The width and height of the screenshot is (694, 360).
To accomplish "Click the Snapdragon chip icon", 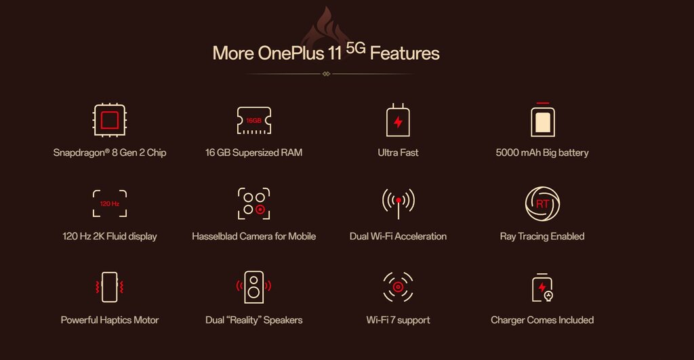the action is [x=110, y=120].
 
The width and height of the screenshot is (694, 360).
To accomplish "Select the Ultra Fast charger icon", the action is [x=398, y=120].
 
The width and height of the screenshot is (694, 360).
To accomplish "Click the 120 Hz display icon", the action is [x=110, y=203].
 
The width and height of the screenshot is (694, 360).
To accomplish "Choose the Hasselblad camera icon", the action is [x=254, y=203].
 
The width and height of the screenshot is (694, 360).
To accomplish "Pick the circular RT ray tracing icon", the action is [x=543, y=203].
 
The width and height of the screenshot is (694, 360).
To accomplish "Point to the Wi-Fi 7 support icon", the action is [x=398, y=287].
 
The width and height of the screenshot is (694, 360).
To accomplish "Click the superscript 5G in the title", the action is [x=355, y=48].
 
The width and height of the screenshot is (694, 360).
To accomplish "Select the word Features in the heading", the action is [x=405, y=53].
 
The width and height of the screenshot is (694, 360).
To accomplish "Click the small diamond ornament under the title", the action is [x=326, y=74].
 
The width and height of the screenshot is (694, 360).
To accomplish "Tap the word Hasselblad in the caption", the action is [x=215, y=237].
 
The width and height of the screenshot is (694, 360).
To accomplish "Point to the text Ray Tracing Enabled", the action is [x=542, y=237].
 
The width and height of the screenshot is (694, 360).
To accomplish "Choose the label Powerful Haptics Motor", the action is [x=110, y=320].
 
